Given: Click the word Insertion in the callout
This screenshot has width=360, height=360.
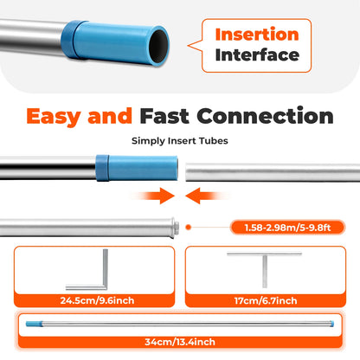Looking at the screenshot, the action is click(x=257, y=35).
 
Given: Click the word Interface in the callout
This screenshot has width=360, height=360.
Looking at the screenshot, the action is click(x=257, y=55).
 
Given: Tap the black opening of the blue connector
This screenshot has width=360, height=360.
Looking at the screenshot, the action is click(x=158, y=46).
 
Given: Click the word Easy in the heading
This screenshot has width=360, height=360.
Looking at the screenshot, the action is click(x=54, y=116).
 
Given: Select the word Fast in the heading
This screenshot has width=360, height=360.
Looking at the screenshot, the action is click(x=164, y=116).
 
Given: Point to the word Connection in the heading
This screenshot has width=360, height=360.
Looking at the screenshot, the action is click(x=265, y=116).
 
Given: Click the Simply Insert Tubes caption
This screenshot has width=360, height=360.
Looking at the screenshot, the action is click(x=180, y=141).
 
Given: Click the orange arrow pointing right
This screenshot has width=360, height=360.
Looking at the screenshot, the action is click(x=153, y=196).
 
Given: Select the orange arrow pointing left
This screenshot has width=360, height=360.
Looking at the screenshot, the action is click(x=207, y=196).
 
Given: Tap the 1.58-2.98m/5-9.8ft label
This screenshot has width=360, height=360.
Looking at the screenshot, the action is click(x=287, y=228).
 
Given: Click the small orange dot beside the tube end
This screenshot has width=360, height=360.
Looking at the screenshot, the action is click(x=189, y=228).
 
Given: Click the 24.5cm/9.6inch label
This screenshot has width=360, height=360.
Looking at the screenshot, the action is click(x=97, y=300).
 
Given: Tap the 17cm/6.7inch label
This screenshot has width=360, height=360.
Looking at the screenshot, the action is click(x=266, y=300).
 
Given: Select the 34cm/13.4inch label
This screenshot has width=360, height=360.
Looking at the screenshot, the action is click(x=180, y=342).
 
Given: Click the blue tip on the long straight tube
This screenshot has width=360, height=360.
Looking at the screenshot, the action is click(x=35, y=324).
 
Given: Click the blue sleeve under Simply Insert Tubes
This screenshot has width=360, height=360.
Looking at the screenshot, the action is click(x=137, y=168).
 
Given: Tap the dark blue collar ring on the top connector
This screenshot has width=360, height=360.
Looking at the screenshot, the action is click(x=68, y=40).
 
